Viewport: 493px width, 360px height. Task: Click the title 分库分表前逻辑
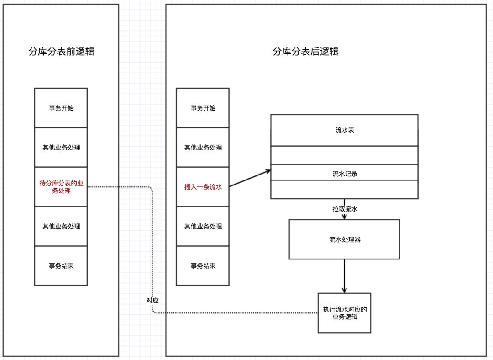click(61, 52)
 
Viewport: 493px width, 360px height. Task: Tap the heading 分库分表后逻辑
click(305, 51)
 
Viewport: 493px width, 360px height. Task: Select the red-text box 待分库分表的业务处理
click(61, 187)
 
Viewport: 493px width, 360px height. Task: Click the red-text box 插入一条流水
click(203, 187)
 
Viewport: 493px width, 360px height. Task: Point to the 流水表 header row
click(344, 130)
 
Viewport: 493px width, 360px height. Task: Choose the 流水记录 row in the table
click(344, 173)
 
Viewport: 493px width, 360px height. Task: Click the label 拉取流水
click(344, 209)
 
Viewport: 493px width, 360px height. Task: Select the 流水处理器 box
click(344, 239)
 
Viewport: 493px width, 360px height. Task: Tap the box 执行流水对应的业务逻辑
click(344, 312)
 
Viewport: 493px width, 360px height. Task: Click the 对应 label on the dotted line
click(152, 301)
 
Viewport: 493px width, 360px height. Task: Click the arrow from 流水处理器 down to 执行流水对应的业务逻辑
click(344, 276)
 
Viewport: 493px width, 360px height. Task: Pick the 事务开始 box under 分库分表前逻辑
click(61, 108)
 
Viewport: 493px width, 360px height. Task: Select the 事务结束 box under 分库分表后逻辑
click(203, 266)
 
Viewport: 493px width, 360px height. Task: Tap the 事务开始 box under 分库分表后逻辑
click(203, 108)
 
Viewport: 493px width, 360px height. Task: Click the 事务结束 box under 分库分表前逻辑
click(61, 266)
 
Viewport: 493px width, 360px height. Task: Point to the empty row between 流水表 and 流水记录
click(344, 155)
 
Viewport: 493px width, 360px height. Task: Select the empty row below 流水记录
click(344, 189)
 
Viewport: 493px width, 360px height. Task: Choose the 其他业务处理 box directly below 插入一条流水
click(203, 226)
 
